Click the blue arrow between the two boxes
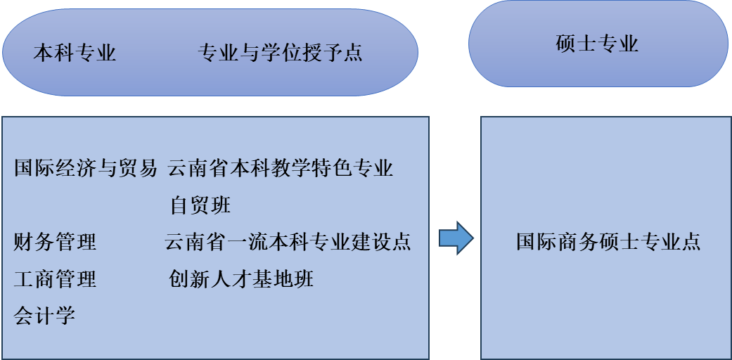456,239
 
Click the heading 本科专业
75,53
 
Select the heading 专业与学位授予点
281,53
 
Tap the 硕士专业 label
597,44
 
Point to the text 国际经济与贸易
86,169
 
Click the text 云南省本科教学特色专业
281,169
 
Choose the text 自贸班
200,205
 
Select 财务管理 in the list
55,243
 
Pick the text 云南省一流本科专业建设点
288,243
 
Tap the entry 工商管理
55,279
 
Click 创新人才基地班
241,279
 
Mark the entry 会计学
44,316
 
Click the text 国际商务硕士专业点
608,242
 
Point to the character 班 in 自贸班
221,205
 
